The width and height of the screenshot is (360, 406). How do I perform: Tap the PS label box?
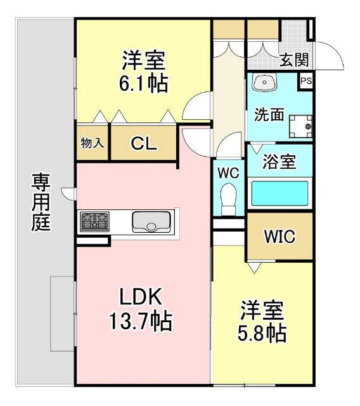305,81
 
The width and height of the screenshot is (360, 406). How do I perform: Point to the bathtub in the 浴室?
280,193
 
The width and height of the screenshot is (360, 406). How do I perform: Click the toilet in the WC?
228,200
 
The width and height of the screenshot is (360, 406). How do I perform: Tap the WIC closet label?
280,237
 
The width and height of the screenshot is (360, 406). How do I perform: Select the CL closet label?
144,144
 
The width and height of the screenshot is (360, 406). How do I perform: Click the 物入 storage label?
93,143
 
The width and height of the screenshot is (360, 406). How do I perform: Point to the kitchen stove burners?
94,221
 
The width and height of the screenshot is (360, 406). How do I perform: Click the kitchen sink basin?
151,222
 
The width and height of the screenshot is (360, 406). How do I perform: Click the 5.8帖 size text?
262,332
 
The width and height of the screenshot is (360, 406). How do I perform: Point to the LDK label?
143,297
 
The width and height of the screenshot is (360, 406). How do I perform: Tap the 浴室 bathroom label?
280,162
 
